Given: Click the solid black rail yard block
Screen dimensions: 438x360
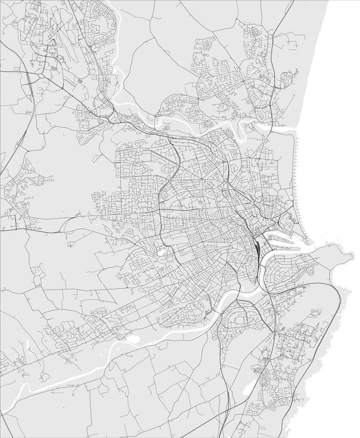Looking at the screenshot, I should point(256,242).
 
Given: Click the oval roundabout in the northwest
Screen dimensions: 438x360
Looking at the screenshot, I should point(42,76).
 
